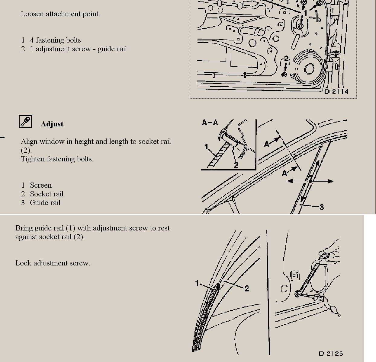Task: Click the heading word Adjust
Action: pos(52,124)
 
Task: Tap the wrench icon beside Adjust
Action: pos(25,121)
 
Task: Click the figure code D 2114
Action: pos(336,91)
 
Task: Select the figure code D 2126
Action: pos(331,354)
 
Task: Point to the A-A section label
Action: pos(210,122)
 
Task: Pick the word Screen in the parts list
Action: pos(41,185)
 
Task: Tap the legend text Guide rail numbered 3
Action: pos(45,203)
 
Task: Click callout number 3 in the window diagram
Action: pos(322,207)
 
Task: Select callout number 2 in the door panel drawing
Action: pos(286,59)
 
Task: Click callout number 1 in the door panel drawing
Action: pos(305,13)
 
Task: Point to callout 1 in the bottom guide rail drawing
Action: pos(197,284)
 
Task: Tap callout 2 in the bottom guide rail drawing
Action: pos(247,288)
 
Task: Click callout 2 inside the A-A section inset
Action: pos(236,165)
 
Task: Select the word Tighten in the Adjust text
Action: pos(33,159)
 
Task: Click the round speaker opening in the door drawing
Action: pos(309,69)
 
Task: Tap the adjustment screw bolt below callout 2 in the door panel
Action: pos(284,74)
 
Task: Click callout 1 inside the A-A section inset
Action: pos(206,147)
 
